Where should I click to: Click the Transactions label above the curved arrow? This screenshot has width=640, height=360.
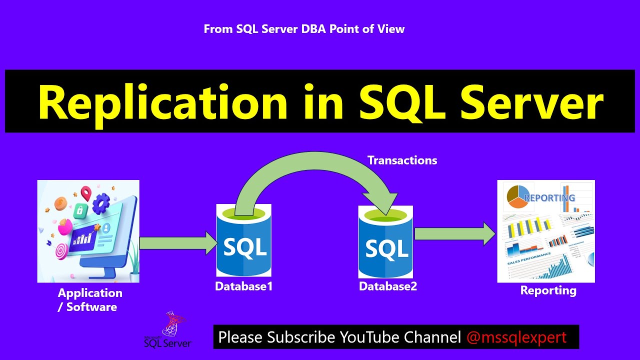click(402, 160)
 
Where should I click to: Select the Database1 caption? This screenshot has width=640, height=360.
click(243, 286)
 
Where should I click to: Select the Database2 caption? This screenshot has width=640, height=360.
click(387, 286)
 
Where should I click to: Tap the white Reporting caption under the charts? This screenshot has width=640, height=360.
click(548, 290)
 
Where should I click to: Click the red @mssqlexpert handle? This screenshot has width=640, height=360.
click(516, 337)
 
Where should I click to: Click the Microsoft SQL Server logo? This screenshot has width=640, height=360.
click(168, 331)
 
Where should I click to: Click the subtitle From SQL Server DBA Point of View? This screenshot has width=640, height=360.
click(304, 29)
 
